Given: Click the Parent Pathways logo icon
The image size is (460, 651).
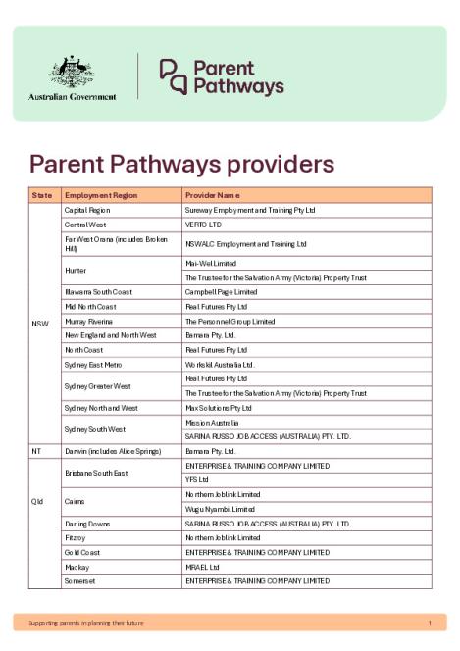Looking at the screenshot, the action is pos(173,75).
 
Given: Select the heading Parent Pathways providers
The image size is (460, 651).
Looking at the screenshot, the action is pos(181,163).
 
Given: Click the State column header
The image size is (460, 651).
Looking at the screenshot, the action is pos(42,195).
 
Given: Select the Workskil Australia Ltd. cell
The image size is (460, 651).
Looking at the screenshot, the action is pos(220,364).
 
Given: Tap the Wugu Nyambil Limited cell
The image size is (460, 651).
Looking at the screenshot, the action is pos(220,509).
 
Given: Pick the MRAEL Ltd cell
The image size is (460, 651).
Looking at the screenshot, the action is pos(202,567).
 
